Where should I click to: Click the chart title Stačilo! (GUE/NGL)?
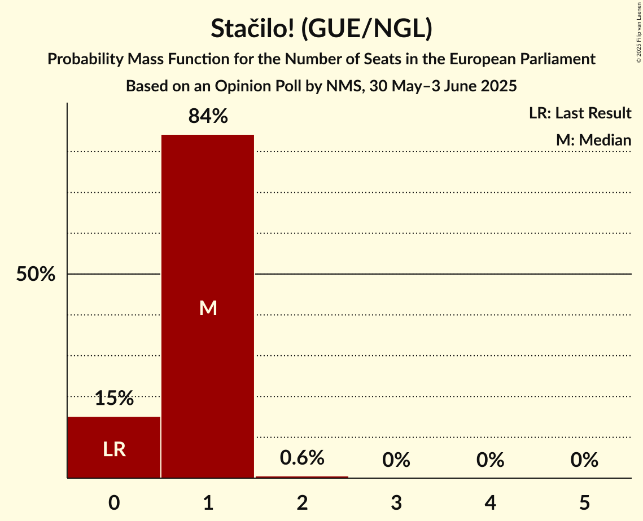point(321,29)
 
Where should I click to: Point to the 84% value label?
point(208,117)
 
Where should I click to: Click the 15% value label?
point(114,399)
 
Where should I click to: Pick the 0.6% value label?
point(302,458)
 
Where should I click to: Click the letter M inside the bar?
point(208,308)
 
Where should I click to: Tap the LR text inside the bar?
point(114,449)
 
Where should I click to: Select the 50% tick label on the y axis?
point(36,275)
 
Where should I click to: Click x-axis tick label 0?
point(114,502)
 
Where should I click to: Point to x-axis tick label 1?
point(208,502)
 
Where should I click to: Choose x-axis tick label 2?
point(302,502)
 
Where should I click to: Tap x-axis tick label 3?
point(396,502)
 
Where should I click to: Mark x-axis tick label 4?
point(490,502)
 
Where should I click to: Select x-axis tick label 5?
point(584,502)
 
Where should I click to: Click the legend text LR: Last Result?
point(580,113)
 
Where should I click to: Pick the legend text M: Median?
point(593,140)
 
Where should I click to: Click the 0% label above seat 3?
point(396,461)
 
